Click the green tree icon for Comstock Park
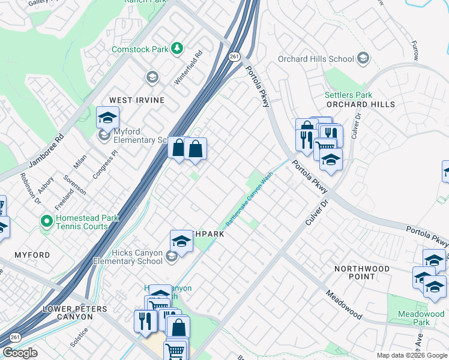(177, 48)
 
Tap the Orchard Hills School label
(316, 59)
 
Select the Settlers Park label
(348, 95)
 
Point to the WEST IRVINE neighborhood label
(136, 100)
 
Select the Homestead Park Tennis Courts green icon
(46, 221)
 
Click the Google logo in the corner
(20, 353)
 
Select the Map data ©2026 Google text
(411, 355)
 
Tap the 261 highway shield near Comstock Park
(234, 56)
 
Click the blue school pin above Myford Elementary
(107, 118)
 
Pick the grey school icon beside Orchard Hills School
(363, 58)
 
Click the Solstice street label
(79, 337)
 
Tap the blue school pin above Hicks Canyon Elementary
(181, 241)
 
